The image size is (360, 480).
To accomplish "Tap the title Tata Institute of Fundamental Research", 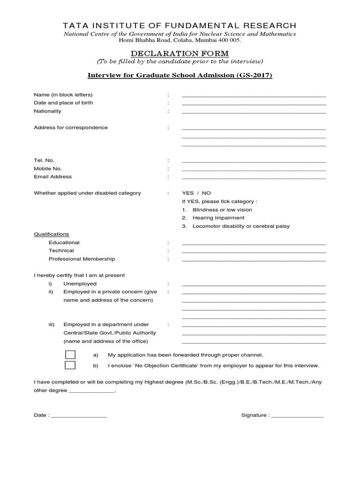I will pyautogui.click(x=180, y=25).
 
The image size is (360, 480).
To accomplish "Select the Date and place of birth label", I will pyautogui.click(x=63, y=103).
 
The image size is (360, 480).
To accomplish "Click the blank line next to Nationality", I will pyautogui.click(x=254, y=112).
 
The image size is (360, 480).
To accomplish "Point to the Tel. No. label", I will pyautogui.click(x=44, y=160).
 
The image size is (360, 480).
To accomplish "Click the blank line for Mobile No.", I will pyautogui.click(x=254, y=169).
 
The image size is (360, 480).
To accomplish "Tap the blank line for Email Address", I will pyautogui.click(x=254, y=177).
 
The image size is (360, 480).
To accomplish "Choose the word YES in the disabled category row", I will pyautogui.click(x=187, y=193).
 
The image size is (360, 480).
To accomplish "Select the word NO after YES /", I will pyautogui.click(x=206, y=193).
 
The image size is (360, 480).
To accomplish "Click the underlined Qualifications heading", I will pyautogui.click(x=51, y=234).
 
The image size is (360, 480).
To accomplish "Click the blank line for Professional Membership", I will pyautogui.click(x=254, y=259).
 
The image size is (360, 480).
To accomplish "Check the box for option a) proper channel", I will pyautogui.click(x=70, y=355).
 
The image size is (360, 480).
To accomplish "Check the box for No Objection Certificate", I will pyautogui.click(x=70, y=366).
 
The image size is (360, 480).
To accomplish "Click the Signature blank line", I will pyautogui.click(x=297, y=416).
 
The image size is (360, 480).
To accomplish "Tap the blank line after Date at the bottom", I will pyautogui.click(x=79, y=416).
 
